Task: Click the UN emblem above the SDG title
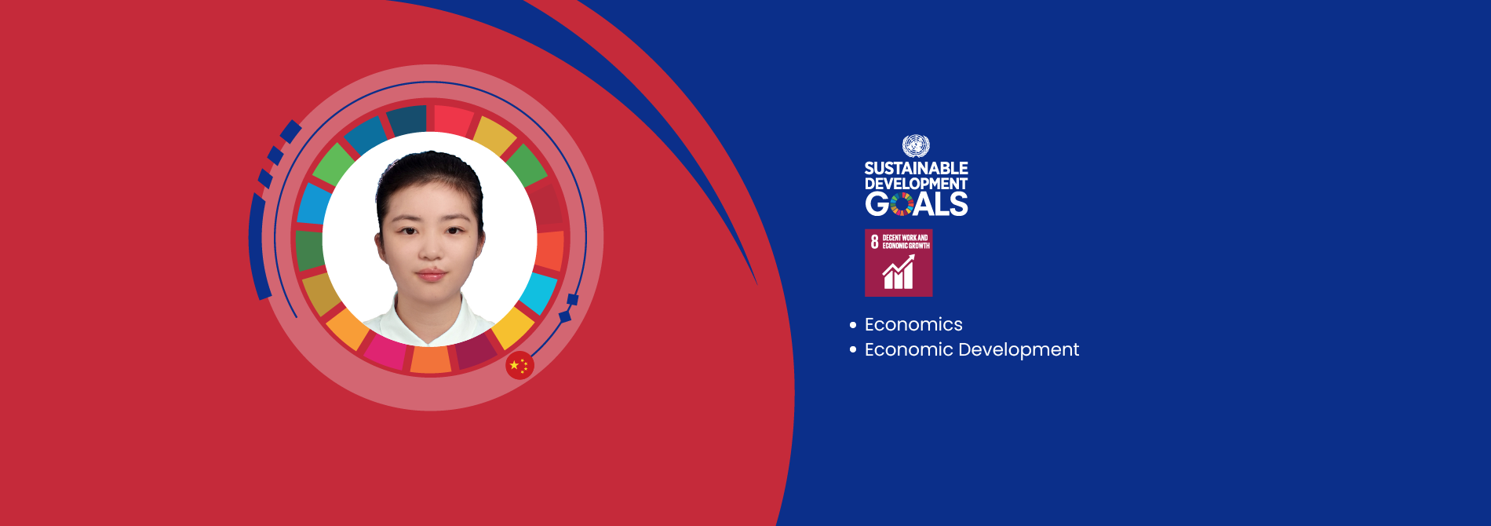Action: tap(916, 146)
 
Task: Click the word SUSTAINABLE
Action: tap(916, 168)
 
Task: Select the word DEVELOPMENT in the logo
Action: tap(916, 184)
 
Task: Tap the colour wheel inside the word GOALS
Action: tap(902, 204)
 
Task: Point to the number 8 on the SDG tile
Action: tap(874, 242)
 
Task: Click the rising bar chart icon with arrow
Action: tap(899, 272)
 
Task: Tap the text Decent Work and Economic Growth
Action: tap(906, 242)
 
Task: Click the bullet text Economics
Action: tap(913, 324)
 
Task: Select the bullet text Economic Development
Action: tap(972, 349)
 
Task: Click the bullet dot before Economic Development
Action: tap(853, 349)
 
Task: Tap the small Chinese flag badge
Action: tap(519, 365)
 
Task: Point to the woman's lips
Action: tap(431, 275)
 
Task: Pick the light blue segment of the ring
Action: tap(315, 204)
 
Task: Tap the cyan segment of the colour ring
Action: tap(539, 292)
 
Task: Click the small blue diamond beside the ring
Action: tap(564, 316)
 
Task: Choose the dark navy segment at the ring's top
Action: tap(406, 119)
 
